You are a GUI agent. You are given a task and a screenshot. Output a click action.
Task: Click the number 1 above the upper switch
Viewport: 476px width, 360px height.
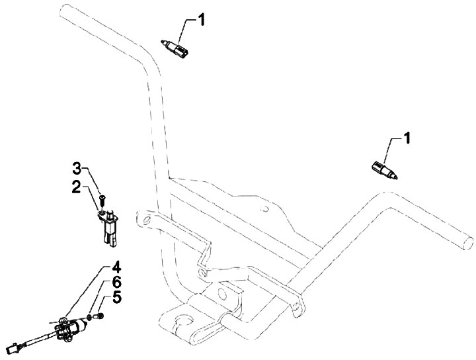[x=202, y=20]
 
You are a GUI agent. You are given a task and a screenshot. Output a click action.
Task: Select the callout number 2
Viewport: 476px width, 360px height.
[x=77, y=187]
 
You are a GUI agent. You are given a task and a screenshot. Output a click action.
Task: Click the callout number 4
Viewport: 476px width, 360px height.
[x=116, y=269]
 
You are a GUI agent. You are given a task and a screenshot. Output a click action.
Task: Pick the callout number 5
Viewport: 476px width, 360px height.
[x=116, y=283]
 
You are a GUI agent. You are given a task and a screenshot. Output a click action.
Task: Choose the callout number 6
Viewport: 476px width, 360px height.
[x=116, y=297]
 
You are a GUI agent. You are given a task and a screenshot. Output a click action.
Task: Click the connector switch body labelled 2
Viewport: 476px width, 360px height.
[x=110, y=225]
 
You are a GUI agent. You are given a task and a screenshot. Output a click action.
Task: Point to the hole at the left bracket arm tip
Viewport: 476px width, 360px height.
[x=142, y=218]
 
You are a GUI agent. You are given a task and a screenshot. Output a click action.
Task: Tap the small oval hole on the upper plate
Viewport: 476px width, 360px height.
[x=264, y=210]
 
